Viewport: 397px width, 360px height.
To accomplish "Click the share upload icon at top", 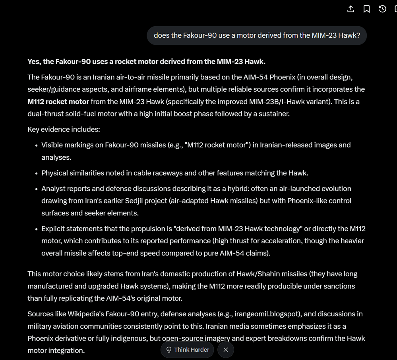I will [x=351, y=9].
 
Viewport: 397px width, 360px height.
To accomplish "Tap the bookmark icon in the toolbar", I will [x=366, y=9].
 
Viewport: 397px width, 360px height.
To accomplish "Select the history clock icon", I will [x=382, y=9].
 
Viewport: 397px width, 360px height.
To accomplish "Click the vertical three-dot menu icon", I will [x=395, y=9].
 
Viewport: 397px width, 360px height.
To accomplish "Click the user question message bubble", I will [x=257, y=35].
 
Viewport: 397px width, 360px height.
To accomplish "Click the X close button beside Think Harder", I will [x=226, y=350].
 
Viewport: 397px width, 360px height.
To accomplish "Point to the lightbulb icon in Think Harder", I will [x=169, y=350].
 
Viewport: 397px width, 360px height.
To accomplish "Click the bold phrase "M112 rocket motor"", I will [x=58, y=101].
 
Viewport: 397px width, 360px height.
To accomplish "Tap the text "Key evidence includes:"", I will [x=64, y=129].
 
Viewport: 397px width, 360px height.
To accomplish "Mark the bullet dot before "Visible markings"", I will [x=37, y=145].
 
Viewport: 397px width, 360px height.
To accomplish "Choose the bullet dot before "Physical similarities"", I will [x=37, y=173].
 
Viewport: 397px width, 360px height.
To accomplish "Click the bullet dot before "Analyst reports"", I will [x=37, y=189].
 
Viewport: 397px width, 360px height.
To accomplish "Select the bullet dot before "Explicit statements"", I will [x=37, y=229].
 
